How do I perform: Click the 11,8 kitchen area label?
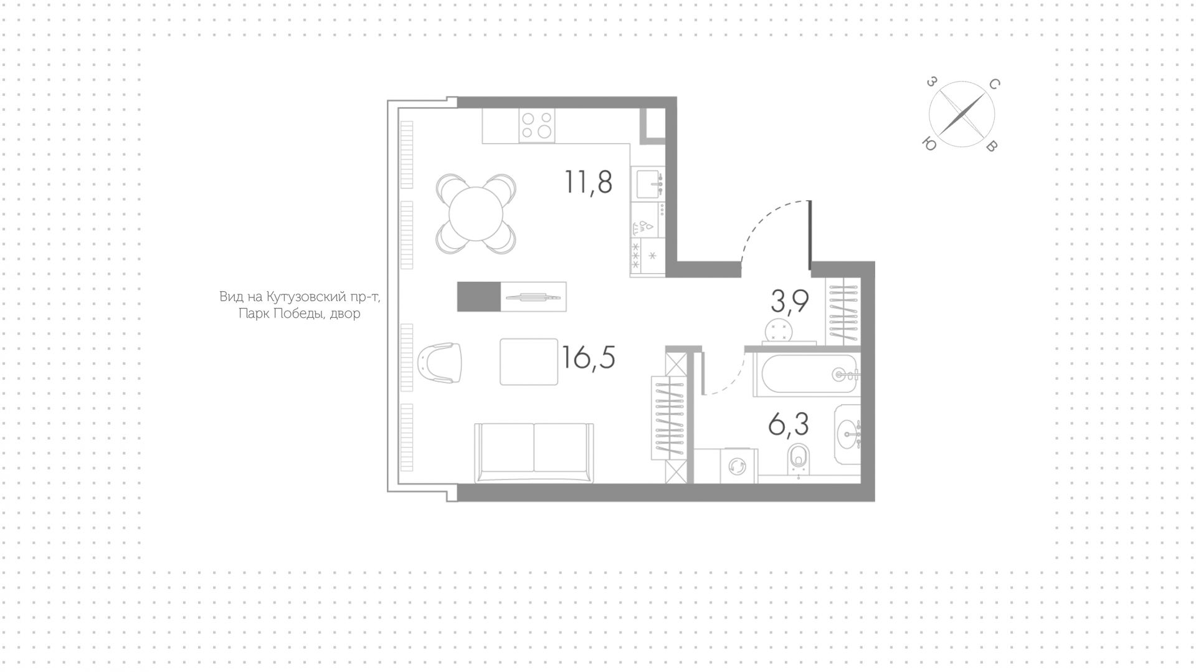click(x=589, y=183)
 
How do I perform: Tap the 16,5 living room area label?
click(x=588, y=358)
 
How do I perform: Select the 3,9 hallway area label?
click(x=790, y=302)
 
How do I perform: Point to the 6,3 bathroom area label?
click(x=789, y=425)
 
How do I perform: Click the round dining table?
click(x=476, y=214)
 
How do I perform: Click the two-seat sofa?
click(x=534, y=453)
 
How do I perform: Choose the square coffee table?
click(x=529, y=362)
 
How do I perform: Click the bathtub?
click(x=807, y=375)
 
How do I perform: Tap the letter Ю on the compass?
click(x=929, y=144)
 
